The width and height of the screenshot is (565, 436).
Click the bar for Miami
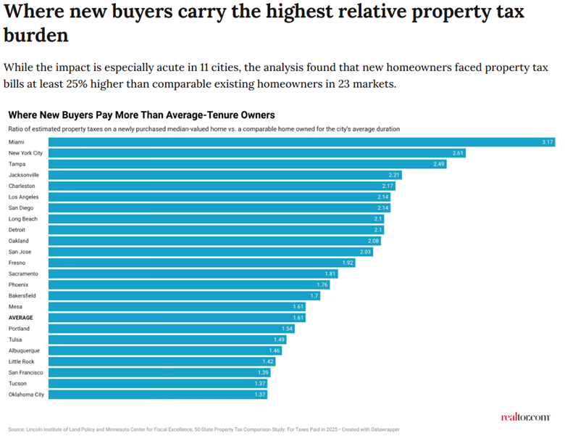[x=301, y=142]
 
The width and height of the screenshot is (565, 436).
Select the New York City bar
[x=257, y=153]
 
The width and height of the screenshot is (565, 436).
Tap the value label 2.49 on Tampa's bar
[x=438, y=164]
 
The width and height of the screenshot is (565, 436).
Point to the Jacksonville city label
[x=24, y=175]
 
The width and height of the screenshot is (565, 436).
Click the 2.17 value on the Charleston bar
[x=388, y=186]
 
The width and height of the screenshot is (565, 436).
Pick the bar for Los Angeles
[x=219, y=197]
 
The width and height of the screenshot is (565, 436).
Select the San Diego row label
[x=21, y=208]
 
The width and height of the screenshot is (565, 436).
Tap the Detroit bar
[x=216, y=230]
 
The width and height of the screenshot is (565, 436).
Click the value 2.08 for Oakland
[x=373, y=241]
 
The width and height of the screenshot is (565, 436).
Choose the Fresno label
[x=17, y=263]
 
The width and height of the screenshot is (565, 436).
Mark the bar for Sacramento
[x=193, y=274]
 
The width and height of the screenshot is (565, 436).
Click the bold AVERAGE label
[x=21, y=318]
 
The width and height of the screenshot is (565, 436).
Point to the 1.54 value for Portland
[x=287, y=329]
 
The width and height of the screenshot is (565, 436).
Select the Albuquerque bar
[x=165, y=351]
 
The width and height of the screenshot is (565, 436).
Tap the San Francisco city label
[x=25, y=373]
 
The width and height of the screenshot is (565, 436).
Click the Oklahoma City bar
[x=158, y=395]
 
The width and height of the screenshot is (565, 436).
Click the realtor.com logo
[x=526, y=417]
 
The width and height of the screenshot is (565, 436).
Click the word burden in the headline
[x=36, y=36]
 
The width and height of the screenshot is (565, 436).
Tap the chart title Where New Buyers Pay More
[x=141, y=115]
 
